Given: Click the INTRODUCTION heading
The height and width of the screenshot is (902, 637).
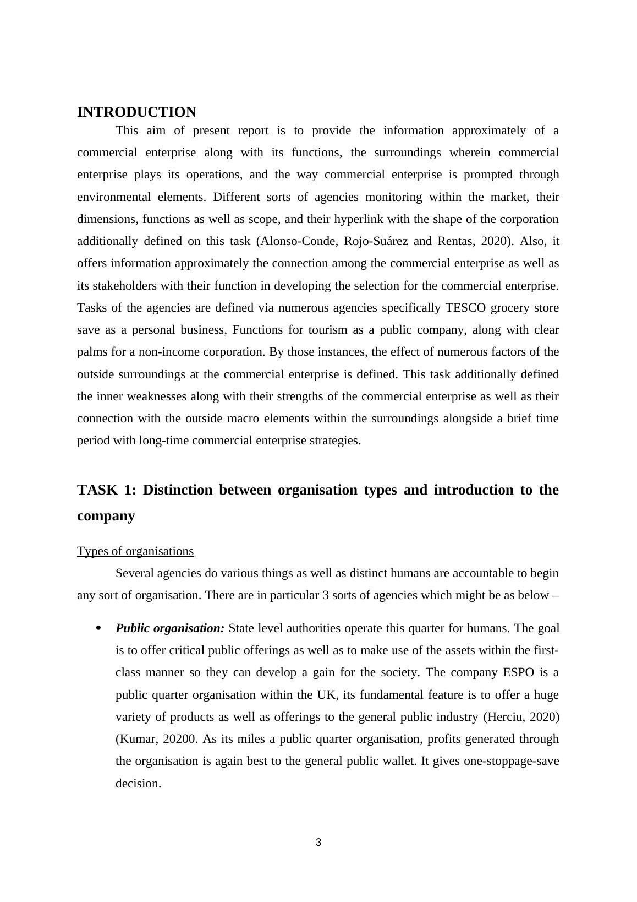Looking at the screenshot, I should pyautogui.click(x=136, y=112).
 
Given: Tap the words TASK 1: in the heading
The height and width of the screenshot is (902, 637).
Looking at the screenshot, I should pyautogui.click(x=107, y=490).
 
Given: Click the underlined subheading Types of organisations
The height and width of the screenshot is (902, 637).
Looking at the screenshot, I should pyautogui.click(x=135, y=551).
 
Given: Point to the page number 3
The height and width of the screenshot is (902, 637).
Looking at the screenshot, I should pyautogui.click(x=318, y=842).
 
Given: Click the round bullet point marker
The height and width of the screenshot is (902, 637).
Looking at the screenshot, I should pyautogui.click(x=99, y=628).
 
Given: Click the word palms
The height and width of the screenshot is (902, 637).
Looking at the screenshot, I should pyautogui.click(x=91, y=352).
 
